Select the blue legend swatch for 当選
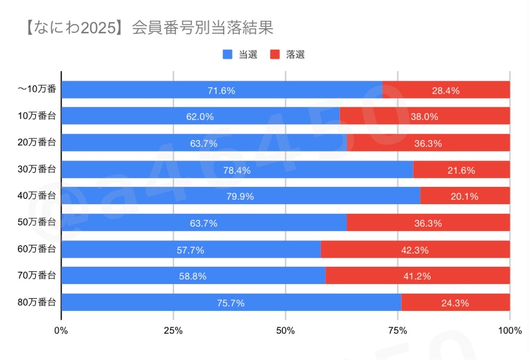(x=228, y=54)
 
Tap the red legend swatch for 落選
(x=275, y=54)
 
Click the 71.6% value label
(x=221, y=90)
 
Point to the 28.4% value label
(x=445, y=90)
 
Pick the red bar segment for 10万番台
(x=425, y=116)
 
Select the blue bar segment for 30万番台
(x=237, y=169)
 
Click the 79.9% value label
(x=240, y=197)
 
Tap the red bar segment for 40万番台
(x=465, y=196)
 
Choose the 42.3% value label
(x=415, y=250)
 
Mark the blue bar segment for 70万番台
(x=193, y=275)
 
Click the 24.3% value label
(x=455, y=303)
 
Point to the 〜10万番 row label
(x=37, y=89)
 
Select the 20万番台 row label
(x=37, y=142)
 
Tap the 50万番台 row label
(x=37, y=222)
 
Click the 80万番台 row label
(x=37, y=302)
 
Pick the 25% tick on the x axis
(x=173, y=330)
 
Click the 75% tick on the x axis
(x=398, y=330)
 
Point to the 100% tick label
(x=510, y=330)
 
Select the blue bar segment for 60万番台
(x=191, y=250)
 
